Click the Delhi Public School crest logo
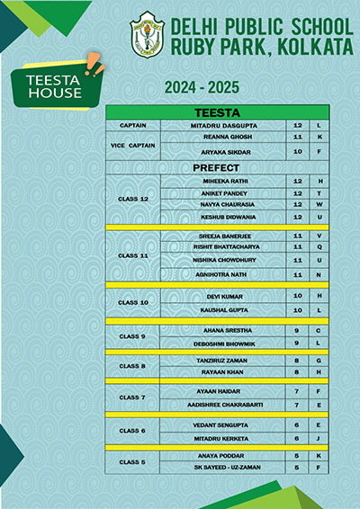pyautogui.click(x=144, y=34)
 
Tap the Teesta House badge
pyautogui.click(x=55, y=86)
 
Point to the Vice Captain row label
pyautogui.click(x=132, y=145)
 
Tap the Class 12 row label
pyautogui.click(x=132, y=199)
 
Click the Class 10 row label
pyautogui.click(x=132, y=302)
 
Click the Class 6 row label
pyautogui.click(x=132, y=431)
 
